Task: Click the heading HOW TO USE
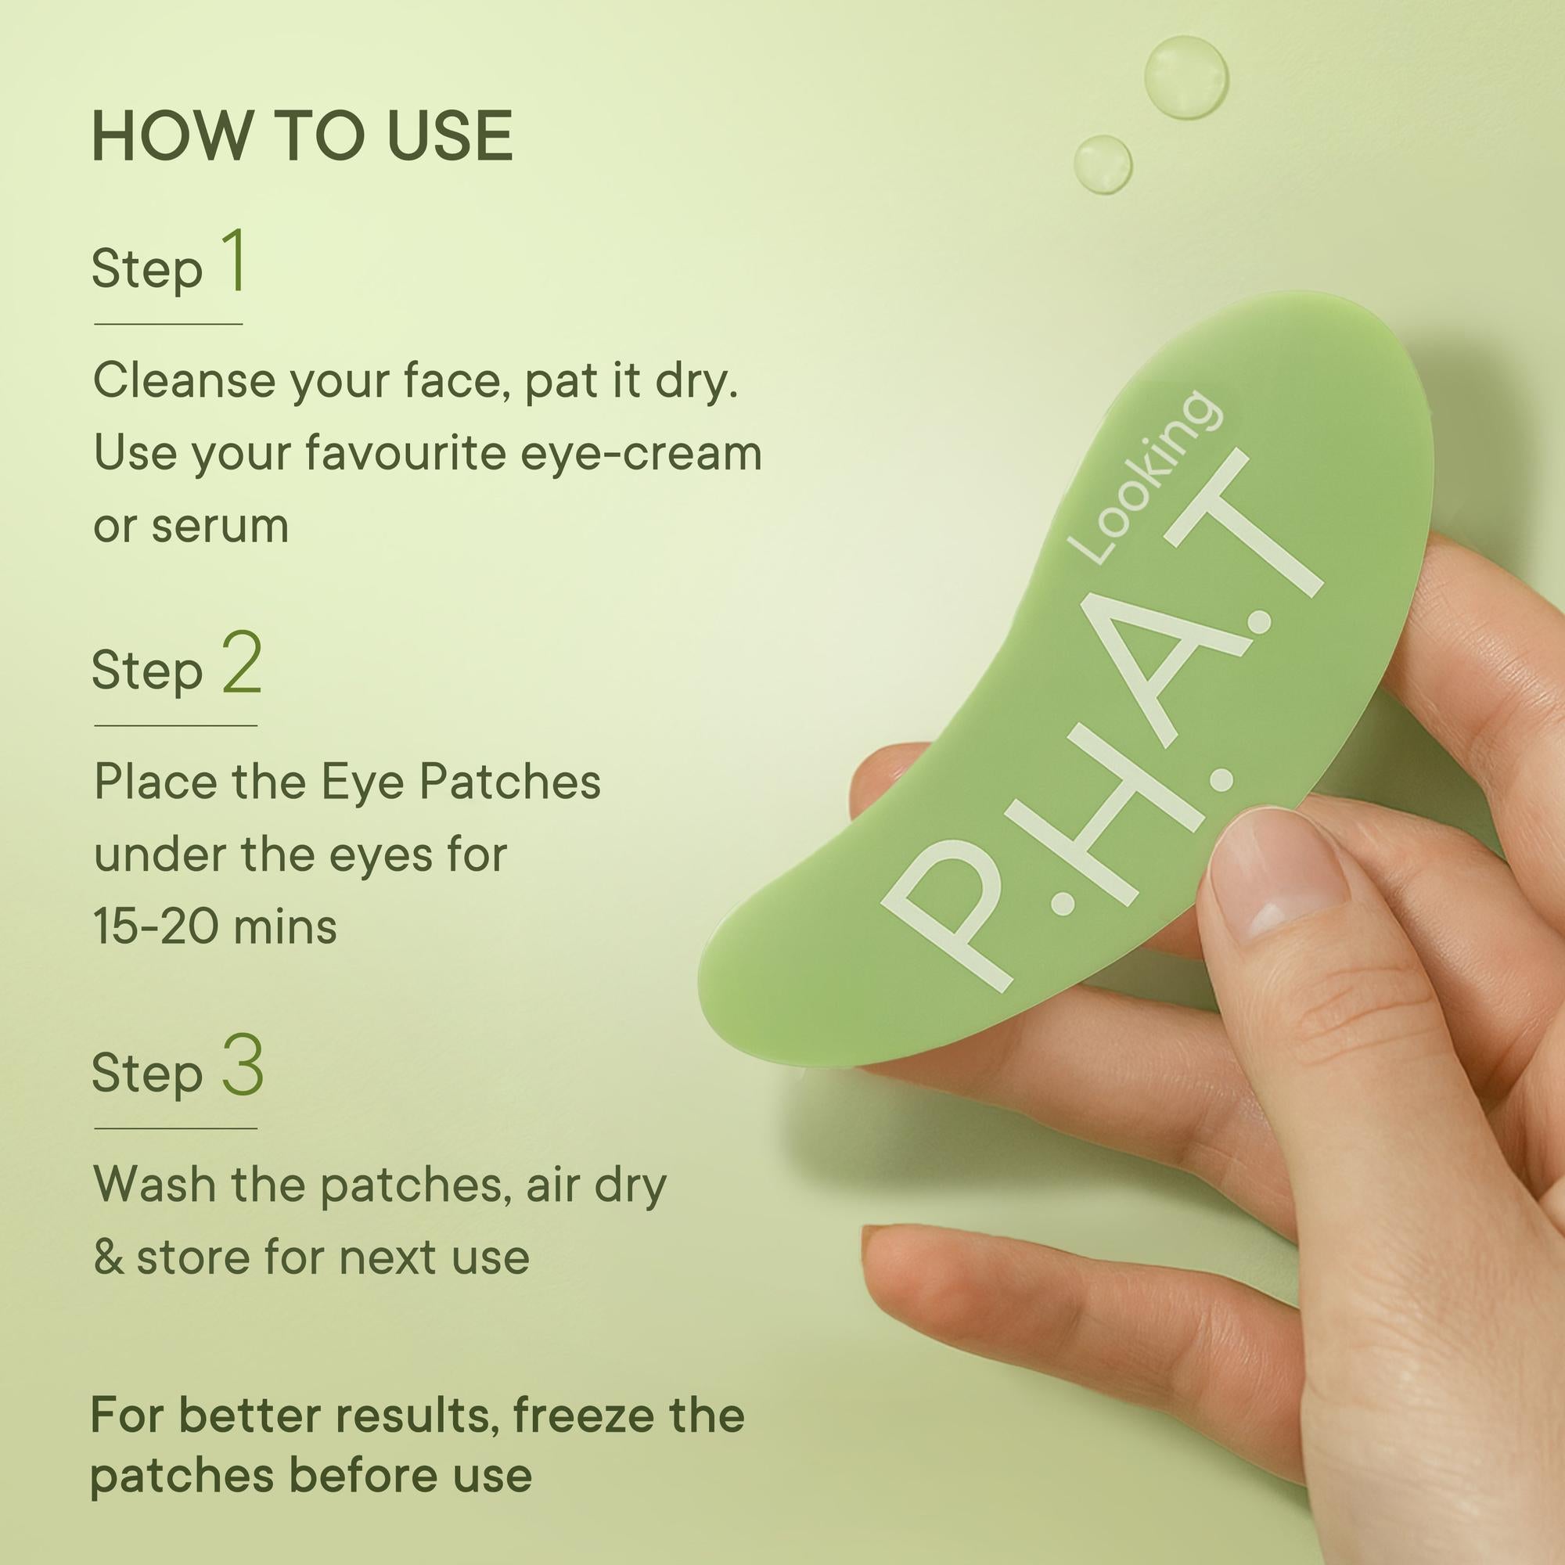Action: [302, 135]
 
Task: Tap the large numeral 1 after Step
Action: [234, 260]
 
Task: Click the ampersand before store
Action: [109, 1257]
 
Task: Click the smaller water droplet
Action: [1103, 164]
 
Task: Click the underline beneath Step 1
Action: [168, 324]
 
